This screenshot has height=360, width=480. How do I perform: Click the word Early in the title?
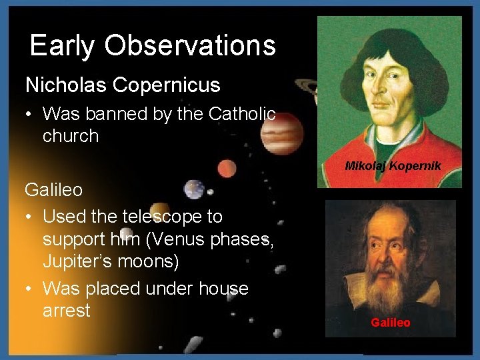(62, 46)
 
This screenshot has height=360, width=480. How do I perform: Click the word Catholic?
(242, 114)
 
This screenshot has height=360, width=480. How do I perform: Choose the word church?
(71, 136)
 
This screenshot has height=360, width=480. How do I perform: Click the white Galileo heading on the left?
(54, 190)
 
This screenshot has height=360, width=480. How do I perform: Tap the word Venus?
(204, 239)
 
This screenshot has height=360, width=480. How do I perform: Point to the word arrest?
(66, 311)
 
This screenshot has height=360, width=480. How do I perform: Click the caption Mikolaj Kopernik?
(393, 166)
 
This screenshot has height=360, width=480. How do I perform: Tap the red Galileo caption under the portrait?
(391, 323)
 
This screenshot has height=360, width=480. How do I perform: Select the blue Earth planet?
(194, 189)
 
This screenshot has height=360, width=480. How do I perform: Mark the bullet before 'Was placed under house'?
(30, 289)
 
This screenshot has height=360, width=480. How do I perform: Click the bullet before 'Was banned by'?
(30, 114)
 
